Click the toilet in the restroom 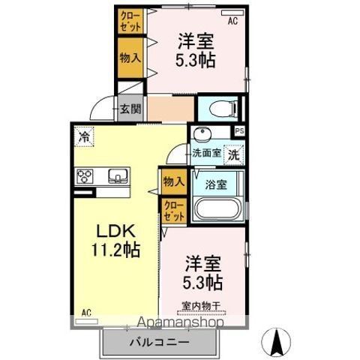click(x=223, y=109)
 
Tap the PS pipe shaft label click(x=239, y=131)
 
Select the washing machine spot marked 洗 click(x=233, y=155)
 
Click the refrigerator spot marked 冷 click(x=84, y=136)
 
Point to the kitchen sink click(x=118, y=175)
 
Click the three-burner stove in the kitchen click(x=85, y=176)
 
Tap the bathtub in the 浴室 click(x=217, y=209)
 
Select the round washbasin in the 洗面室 click(x=202, y=133)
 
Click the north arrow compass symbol click(x=276, y=340)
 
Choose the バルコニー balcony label click(x=159, y=342)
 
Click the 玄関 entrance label click(x=130, y=109)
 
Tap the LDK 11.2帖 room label click(x=116, y=241)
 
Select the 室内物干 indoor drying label click(x=201, y=306)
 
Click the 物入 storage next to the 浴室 click(x=174, y=181)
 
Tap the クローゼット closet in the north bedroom click(x=130, y=22)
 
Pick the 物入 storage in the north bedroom click(x=130, y=58)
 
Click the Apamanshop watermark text click(x=180, y=322)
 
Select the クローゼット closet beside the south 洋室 click(x=174, y=210)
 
